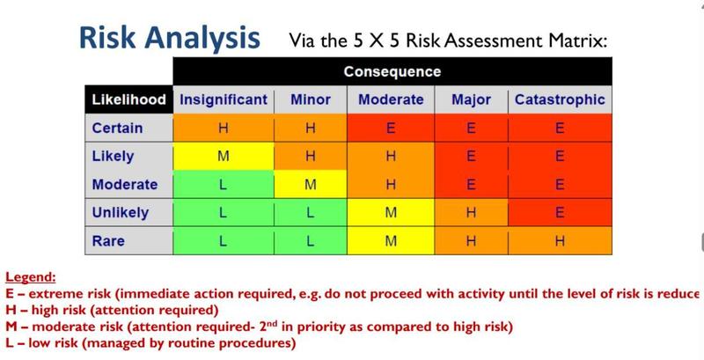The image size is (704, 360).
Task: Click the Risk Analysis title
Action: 169,38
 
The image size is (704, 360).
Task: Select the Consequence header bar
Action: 392,71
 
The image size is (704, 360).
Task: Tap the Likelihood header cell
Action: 128,99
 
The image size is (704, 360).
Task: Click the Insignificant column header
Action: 224,99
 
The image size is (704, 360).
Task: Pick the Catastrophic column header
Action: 560,99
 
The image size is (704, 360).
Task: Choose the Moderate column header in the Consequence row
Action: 391,99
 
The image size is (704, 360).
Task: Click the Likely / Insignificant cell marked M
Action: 224,156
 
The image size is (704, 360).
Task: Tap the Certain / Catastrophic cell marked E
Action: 560,128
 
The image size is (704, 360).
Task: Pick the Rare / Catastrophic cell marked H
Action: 560,240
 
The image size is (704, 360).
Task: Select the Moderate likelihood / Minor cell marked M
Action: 311,184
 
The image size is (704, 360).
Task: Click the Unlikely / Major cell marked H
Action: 471,212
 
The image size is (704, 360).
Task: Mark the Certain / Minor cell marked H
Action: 311,128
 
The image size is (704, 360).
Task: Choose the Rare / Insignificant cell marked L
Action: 224,240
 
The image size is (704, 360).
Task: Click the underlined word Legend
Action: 31,277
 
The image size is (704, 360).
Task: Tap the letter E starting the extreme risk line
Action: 10,294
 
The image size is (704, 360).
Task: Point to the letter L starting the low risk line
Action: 10,343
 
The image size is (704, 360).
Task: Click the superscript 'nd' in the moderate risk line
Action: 274,323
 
